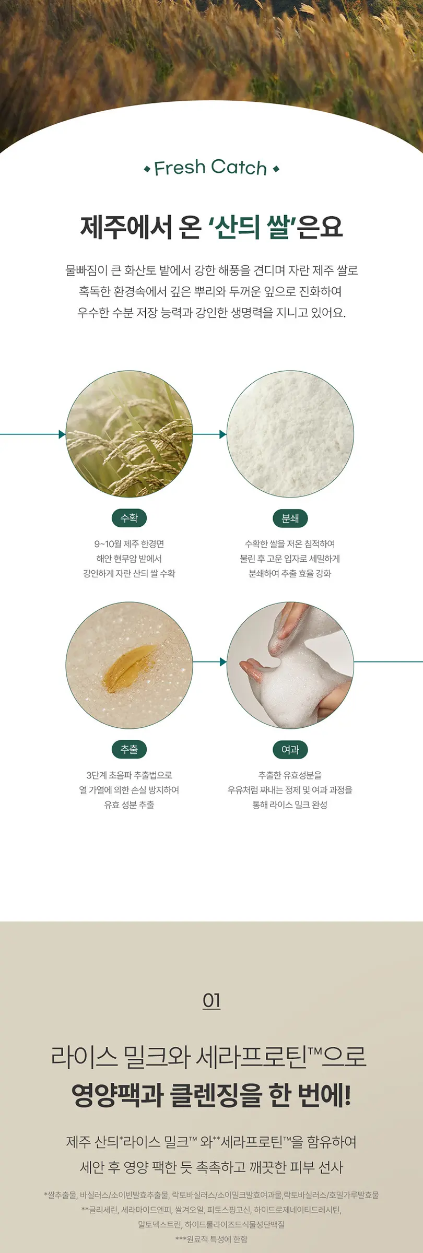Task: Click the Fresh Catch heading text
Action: (x=210, y=168)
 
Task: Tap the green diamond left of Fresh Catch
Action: (x=147, y=169)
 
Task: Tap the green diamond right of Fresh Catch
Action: (x=276, y=169)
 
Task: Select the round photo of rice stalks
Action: (x=129, y=434)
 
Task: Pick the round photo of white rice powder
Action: (x=290, y=434)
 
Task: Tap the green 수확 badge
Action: (x=129, y=518)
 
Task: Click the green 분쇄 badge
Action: (x=290, y=518)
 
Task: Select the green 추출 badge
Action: (x=129, y=749)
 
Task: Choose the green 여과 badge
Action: (x=290, y=749)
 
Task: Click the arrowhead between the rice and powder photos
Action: (x=223, y=434)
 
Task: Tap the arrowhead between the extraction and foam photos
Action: (x=223, y=662)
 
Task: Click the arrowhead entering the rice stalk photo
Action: (x=62, y=434)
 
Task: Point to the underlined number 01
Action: (x=211, y=1001)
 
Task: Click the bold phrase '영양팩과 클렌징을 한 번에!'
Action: (x=211, y=1095)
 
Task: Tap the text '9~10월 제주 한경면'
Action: (x=129, y=544)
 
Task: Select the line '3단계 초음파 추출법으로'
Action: (x=129, y=775)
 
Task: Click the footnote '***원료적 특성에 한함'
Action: (x=211, y=1239)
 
